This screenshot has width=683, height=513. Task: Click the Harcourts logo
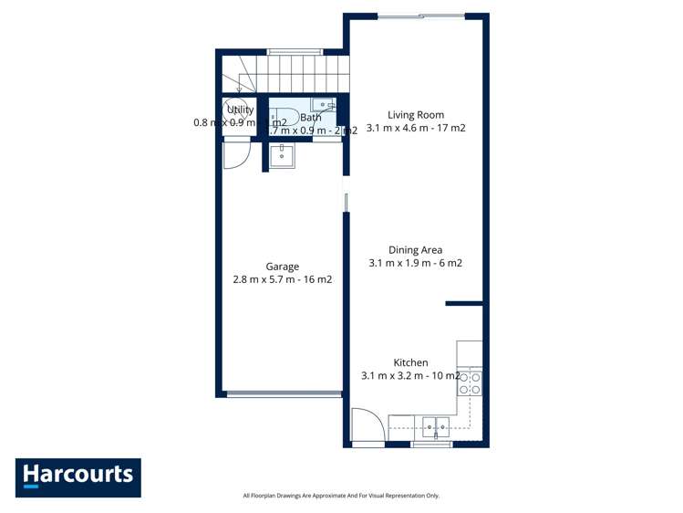pos(78,476)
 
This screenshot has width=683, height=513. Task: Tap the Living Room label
pos(415,115)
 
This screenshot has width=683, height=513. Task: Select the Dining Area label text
pos(415,249)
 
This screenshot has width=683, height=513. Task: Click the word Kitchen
pos(410,362)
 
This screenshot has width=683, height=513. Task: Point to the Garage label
pos(282,267)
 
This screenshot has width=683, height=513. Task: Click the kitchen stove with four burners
pos(470,382)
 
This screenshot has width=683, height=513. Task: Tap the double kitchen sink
pos(435,424)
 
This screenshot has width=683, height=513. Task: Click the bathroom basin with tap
pos(322,105)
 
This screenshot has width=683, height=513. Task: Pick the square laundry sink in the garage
pos(282,156)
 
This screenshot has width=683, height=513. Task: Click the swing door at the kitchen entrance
pos(367,425)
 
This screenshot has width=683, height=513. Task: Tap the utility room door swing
pos(235,153)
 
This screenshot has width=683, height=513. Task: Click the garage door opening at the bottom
pos(283,394)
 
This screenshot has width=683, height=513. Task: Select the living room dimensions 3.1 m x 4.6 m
pos(415,129)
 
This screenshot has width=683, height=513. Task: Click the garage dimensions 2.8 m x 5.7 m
pos(282,280)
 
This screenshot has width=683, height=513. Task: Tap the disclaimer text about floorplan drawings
pos(341,496)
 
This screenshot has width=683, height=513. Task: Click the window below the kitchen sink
pos(431,445)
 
